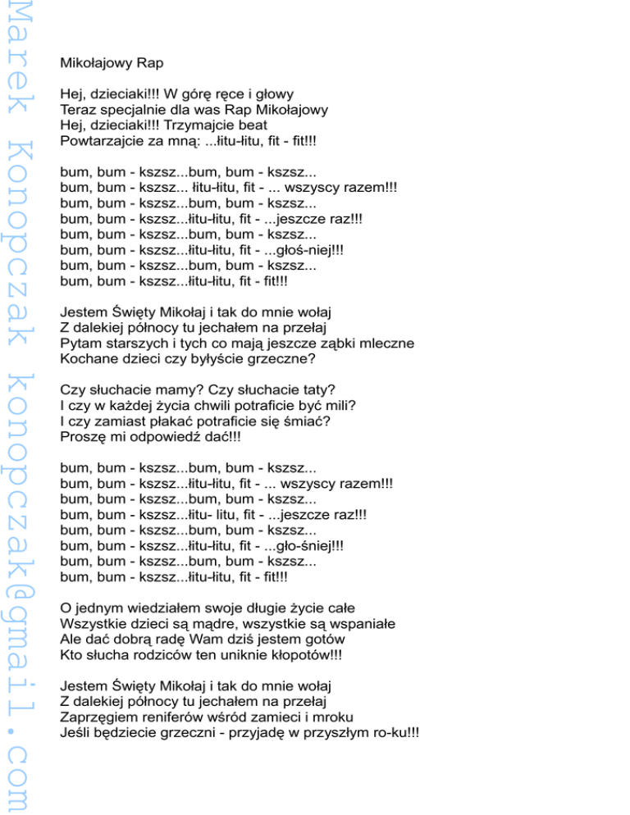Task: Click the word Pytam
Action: [81, 344]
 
